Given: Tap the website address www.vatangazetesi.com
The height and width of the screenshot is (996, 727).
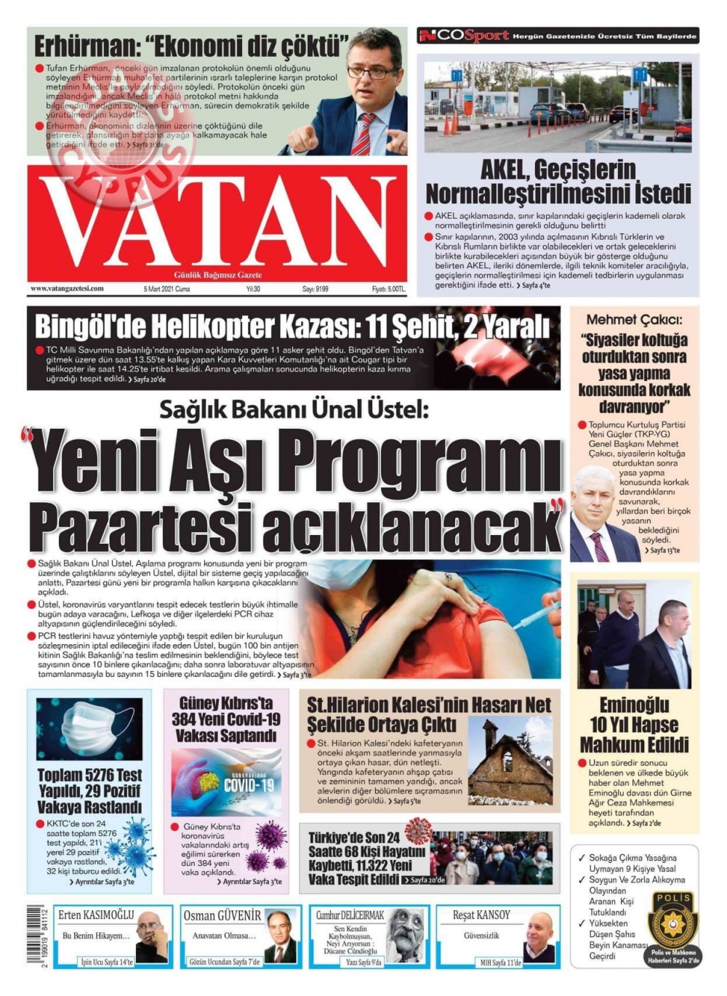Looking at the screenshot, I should [x=67, y=289].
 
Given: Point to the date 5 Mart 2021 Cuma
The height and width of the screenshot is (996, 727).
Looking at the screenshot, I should [x=166, y=289].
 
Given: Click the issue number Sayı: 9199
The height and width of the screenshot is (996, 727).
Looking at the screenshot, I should [x=316, y=289].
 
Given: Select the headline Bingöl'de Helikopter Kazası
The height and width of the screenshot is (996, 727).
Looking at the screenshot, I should [x=291, y=326].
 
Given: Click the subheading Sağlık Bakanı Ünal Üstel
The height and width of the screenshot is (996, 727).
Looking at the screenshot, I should [x=294, y=410].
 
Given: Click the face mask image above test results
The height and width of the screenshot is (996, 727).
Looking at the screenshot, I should [x=89, y=728].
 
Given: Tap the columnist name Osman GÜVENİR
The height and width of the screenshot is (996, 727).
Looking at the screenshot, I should [x=222, y=915].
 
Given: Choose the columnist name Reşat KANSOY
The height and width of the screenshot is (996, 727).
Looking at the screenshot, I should [x=481, y=915].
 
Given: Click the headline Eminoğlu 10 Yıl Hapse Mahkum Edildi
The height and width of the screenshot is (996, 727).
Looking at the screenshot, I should [x=634, y=725].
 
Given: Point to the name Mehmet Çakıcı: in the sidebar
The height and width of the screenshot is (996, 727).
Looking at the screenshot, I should [x=633, y=319].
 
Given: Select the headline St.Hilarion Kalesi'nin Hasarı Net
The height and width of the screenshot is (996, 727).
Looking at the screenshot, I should [x=429, y=714].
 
